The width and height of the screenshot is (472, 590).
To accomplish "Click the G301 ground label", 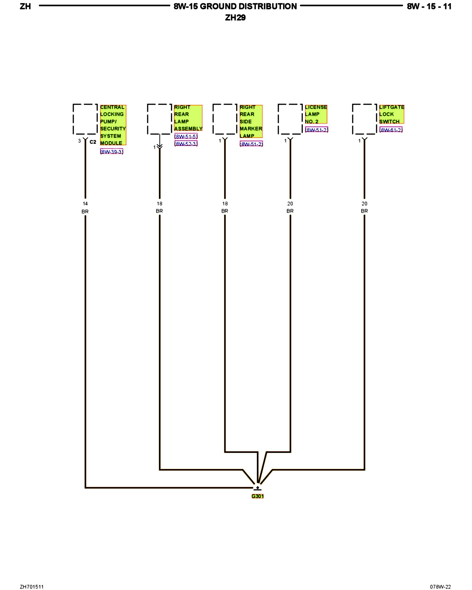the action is tap(258, 496).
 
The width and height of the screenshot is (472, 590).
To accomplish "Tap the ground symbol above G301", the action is tap(258, 489).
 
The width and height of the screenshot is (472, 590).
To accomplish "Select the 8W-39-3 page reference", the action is tap(112, 152).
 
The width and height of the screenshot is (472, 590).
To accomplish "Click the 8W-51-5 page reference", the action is tap(186, 136).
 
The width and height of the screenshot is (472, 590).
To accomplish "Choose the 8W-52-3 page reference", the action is tap(186, 144).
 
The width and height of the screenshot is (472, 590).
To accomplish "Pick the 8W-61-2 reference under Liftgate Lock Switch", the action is tap(391, 130).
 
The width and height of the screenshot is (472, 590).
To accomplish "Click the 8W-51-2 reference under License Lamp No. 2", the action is tap(317, 130).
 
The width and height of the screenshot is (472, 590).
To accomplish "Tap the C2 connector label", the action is tap(93, 142).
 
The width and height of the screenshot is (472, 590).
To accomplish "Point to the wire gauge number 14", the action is tap(85, 204).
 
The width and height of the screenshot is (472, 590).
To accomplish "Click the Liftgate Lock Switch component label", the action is tap(391, 114).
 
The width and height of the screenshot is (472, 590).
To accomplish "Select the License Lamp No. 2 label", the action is tap(316, 114).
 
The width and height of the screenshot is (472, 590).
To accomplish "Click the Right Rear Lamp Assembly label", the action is tap(188, 118).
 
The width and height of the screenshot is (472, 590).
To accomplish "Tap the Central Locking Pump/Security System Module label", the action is tap(113, 125).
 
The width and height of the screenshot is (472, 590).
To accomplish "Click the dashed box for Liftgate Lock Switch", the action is tap(364, 119).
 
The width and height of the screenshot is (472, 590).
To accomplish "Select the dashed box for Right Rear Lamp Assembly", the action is tap(159, 119).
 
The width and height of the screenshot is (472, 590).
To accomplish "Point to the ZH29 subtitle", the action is tap(235, 18).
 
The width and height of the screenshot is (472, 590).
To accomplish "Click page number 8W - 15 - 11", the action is tap(429, 6).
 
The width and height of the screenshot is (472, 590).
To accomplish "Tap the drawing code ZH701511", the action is tap(32, 587).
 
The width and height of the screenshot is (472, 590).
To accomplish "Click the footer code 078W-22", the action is tap(440, 587).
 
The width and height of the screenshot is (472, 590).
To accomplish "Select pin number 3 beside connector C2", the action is tap(79, 141).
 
